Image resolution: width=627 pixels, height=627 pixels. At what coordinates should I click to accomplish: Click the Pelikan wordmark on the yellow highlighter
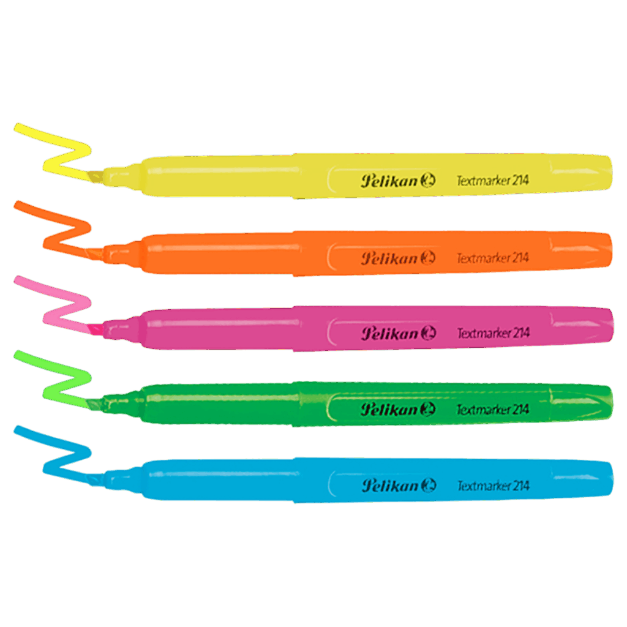pos(389,181)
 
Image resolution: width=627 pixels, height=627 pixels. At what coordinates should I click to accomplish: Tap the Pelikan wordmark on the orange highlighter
pos(389,258)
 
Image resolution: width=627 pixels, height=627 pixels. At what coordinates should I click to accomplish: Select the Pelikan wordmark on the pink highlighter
pos(390,334)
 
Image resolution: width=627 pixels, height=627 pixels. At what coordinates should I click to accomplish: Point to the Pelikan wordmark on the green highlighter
pos(389,410)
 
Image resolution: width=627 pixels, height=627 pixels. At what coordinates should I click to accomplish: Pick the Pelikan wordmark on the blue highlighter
pos(390,486)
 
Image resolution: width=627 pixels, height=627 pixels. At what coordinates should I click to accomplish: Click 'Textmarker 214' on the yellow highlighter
pos(493,181)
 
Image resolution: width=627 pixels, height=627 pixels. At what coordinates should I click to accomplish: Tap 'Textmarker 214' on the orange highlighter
pos(493,258)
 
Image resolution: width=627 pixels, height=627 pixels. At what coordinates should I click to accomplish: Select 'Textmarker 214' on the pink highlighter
pos(494,333)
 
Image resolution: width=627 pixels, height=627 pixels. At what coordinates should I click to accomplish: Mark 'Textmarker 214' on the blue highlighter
pos(494,486)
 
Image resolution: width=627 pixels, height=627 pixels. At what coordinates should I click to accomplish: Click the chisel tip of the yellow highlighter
pos(95,176)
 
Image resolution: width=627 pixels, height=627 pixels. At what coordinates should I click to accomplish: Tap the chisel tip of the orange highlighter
pos(95,253)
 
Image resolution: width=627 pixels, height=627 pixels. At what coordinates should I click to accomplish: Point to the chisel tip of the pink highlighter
pos(96,329)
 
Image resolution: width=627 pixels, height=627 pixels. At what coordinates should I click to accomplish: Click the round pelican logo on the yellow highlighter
pos(428,181)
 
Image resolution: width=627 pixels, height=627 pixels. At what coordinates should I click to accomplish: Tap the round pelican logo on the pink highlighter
pos(428,333)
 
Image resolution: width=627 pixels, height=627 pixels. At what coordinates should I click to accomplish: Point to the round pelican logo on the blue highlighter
pos(429,485)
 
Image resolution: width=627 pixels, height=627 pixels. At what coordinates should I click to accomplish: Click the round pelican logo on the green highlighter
pos(428,409)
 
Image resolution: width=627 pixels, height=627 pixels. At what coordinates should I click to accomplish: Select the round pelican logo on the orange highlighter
pos(428,258)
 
